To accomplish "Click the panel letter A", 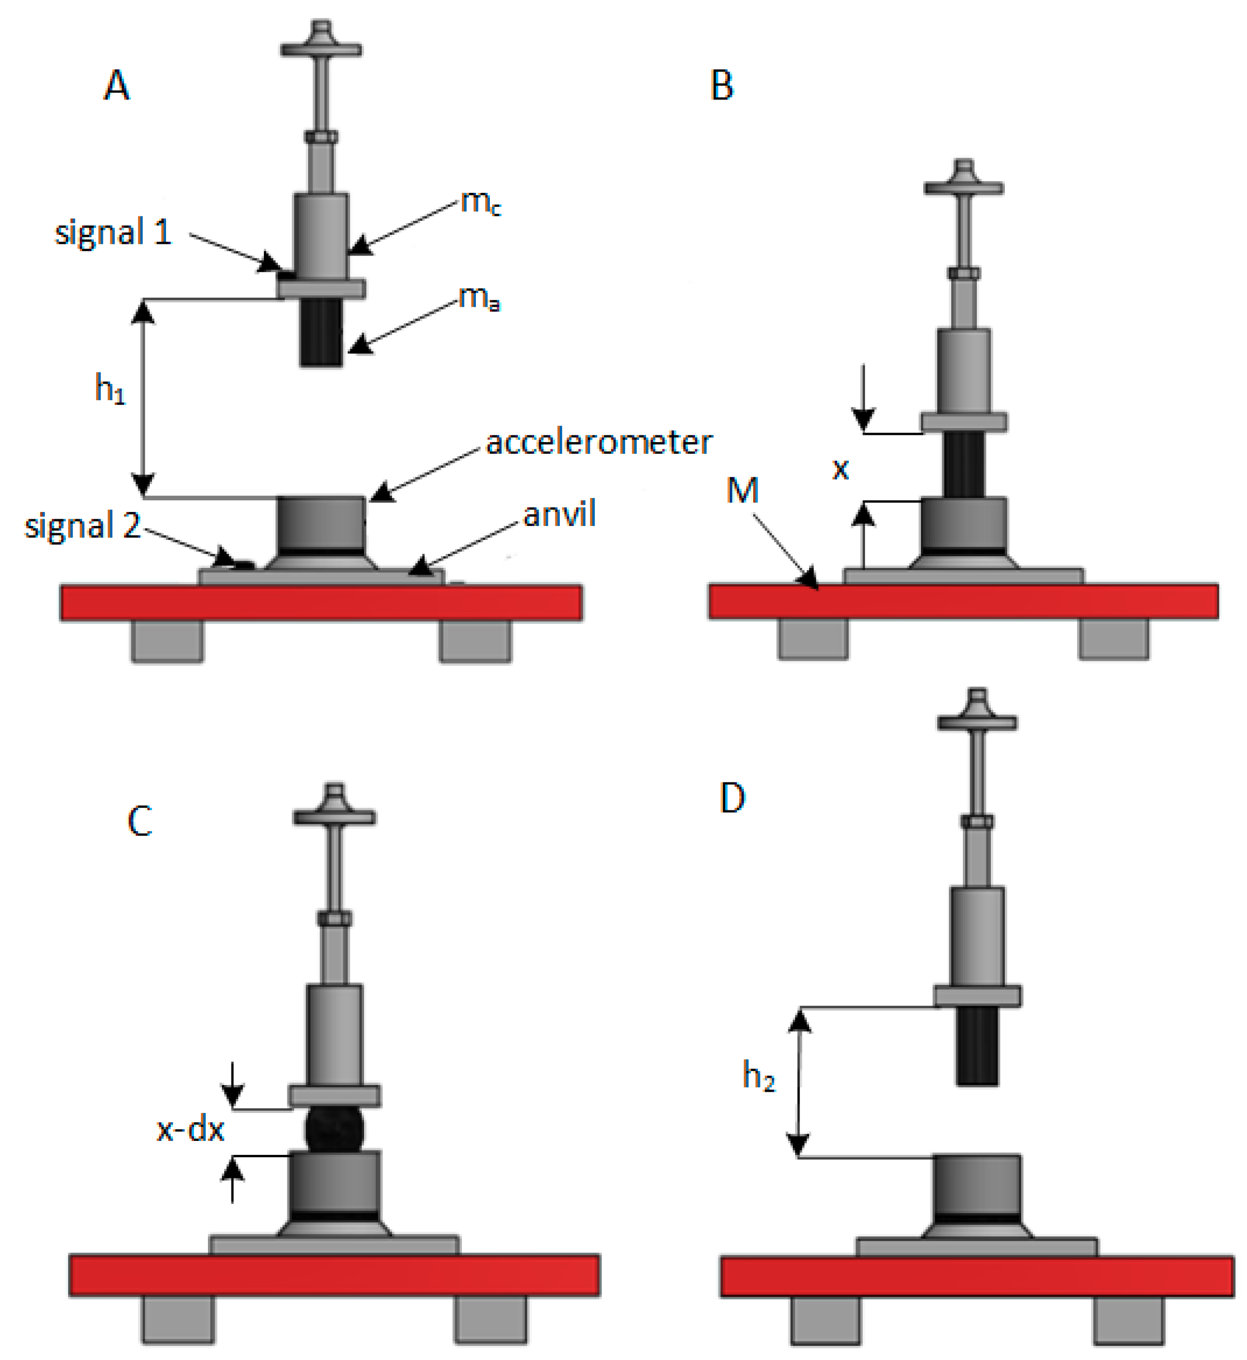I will (x=117, y=86).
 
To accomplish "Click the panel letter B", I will (x=722, y=86).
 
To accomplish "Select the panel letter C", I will (x=140, y=821).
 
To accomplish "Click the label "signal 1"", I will (x=113, y=233).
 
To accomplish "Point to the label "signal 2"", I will (x=82, y=525).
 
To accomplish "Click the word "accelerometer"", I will (x=598, y=443).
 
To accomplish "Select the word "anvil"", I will (x=559, y=514).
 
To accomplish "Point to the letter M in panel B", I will (x=742, y=490).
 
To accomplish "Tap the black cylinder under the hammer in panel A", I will (x=321, y=332).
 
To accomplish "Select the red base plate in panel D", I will (x=976, y=1276).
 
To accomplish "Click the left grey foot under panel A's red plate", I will (x=167, y=641).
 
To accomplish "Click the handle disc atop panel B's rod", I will (x=963, y=188).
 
